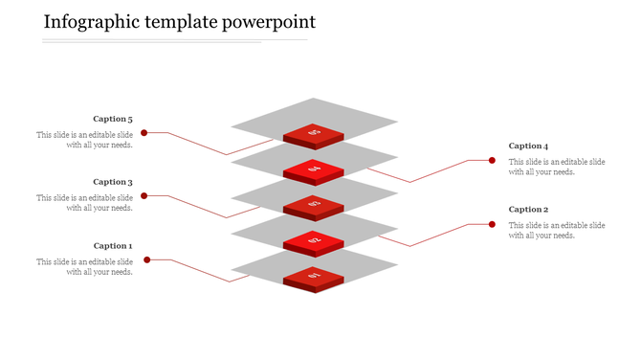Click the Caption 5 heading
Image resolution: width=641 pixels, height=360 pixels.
(113, 120)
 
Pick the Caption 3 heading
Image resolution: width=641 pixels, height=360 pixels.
(113, 182)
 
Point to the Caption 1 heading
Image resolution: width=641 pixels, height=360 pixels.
(113, 246)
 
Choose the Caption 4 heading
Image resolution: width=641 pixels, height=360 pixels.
(528, 146)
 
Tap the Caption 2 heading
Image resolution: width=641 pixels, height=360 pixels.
(528, 210)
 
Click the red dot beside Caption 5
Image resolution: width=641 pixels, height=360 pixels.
(144, 133)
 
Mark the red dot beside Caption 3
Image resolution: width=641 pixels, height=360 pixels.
(144, 196)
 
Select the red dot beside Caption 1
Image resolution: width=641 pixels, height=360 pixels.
(147, 259)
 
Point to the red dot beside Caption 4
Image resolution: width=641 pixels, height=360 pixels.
(492, 161)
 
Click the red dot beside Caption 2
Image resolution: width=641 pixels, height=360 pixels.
(492, 224)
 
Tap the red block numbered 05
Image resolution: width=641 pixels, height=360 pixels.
(313, 134)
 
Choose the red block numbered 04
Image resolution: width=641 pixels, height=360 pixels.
(313, 170)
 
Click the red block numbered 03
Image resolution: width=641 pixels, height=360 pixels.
(313, 206)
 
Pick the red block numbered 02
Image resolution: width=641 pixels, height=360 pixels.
(313, 241)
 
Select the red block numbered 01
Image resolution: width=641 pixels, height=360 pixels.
(313, 278)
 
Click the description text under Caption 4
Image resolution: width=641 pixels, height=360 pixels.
(557, 168)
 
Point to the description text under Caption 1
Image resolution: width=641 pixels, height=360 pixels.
(85, 267)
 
